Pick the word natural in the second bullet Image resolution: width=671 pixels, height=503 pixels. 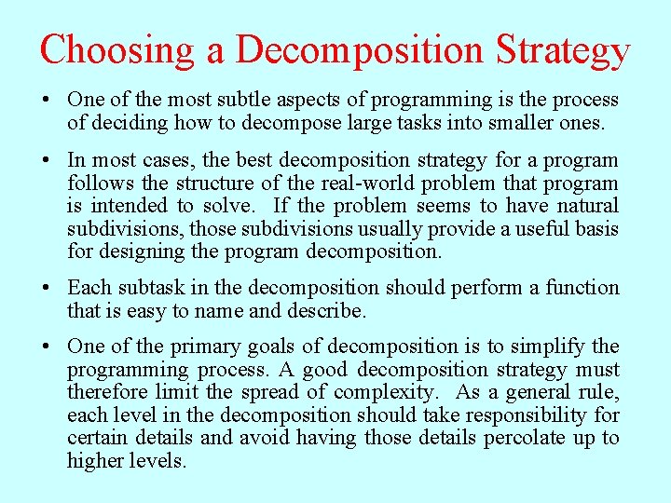coord(582,205)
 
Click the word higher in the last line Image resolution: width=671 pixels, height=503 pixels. coord(96,460)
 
